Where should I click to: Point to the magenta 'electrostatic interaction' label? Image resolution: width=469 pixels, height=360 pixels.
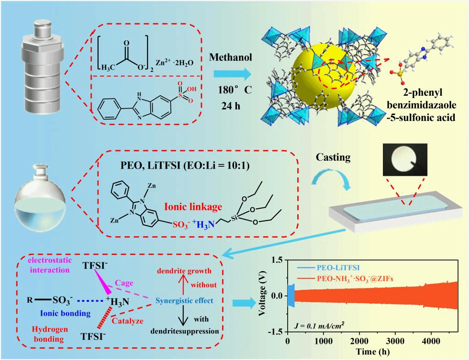[48, 266]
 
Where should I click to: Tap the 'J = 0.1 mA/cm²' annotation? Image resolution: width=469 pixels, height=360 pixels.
[320, 326]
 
